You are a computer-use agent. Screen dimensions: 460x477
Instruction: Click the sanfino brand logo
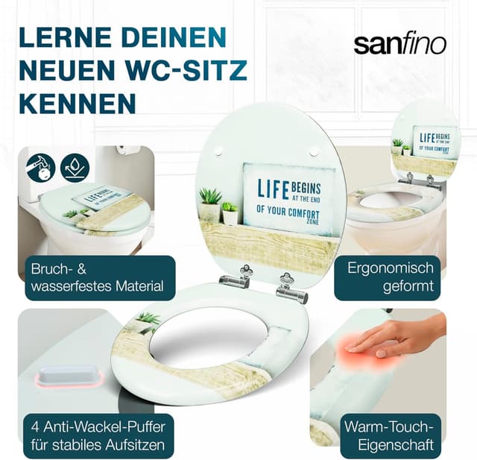tap(399, 43)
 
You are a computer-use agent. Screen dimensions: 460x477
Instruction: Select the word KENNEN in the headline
tap(78, 103)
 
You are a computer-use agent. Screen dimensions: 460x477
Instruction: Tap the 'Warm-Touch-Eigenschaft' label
tap(388, 437)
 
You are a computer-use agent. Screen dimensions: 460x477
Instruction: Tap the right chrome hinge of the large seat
tap(291, 288)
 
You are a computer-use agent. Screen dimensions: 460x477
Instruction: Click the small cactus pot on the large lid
tap(230, 213)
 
